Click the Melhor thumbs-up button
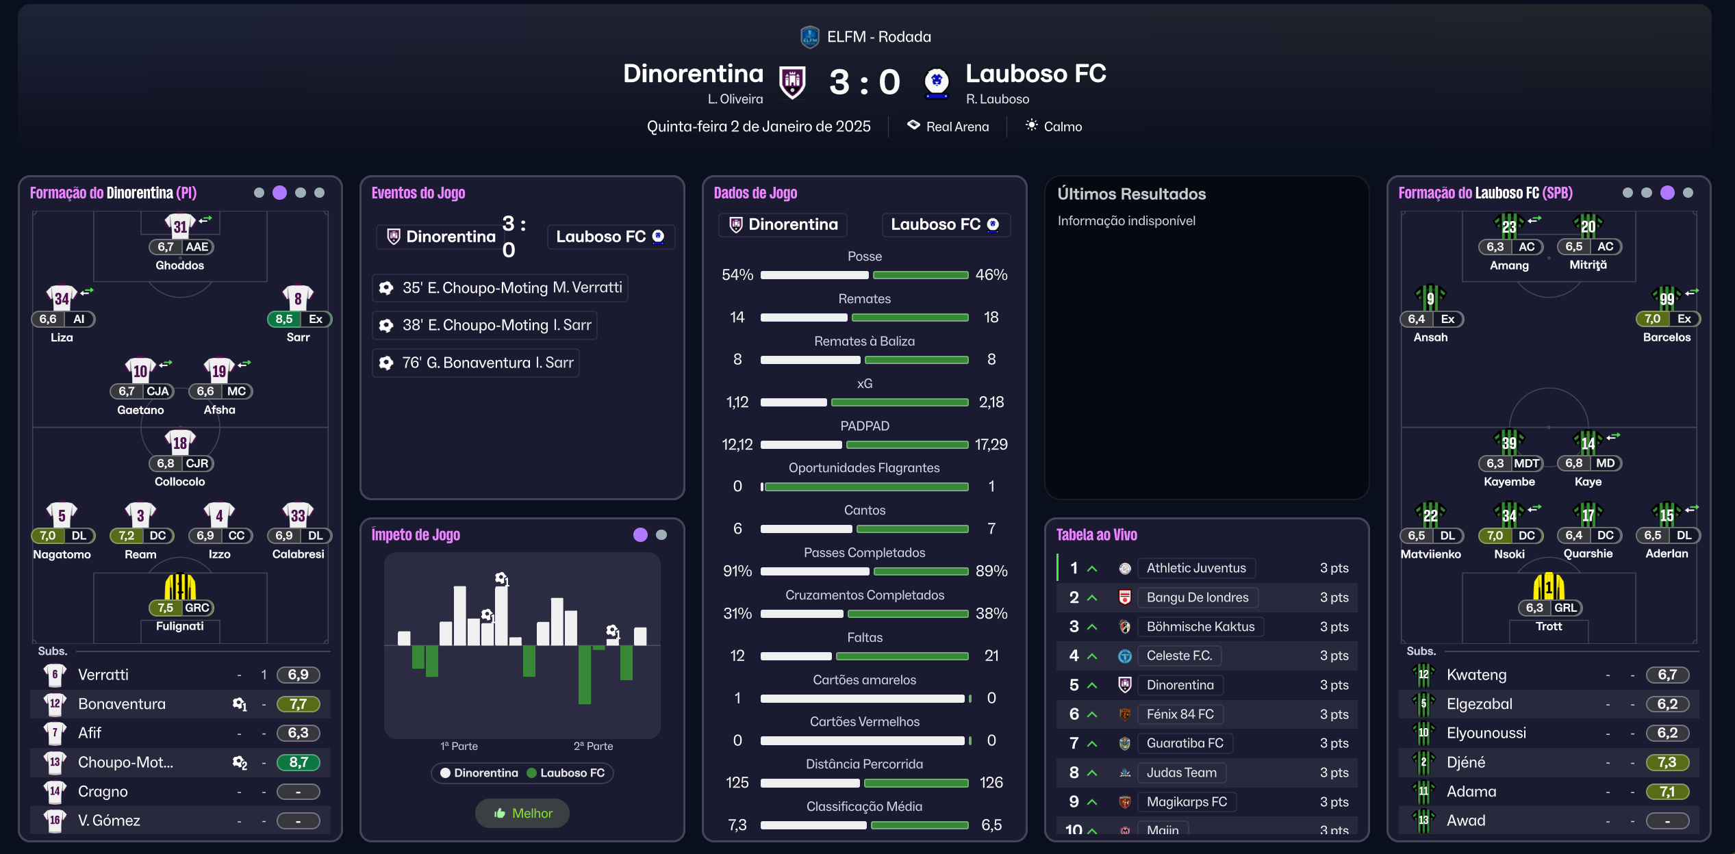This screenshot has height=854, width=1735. (x=523, y=813)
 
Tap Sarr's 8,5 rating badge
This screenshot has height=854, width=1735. (x=284, y=319)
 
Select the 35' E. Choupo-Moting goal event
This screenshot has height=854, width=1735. (x=500, y=288)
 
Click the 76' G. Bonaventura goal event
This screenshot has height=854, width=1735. (x=476, y=363)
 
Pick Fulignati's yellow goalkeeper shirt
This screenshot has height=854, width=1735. (x=180, y=587)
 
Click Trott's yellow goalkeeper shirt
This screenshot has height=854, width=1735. (x=1548, y=587)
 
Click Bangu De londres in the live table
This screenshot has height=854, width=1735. (x=1197, y=597)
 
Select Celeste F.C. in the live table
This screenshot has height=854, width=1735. (x=1179, y=656)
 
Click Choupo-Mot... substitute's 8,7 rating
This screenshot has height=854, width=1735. (x=298, y=762)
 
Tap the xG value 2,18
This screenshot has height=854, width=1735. (x=991, y=402)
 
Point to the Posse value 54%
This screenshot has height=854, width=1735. (x=737, y=275)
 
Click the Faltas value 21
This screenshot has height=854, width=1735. (x=991, y=656)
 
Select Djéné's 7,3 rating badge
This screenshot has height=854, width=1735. (x=1667, y=762)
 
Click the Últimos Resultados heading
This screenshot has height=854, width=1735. (x=1131, y=194)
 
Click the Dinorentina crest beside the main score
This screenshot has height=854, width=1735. (x=792, y=82)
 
